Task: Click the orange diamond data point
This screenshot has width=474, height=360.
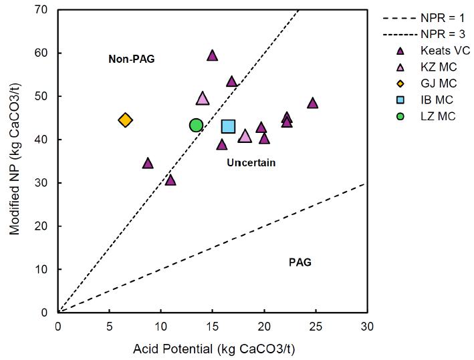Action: [x=125, y=120]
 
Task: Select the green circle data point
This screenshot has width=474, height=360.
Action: [x=196, y=125]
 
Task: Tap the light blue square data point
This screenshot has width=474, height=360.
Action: [x=229, y=126]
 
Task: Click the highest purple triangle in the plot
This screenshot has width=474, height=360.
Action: [x=213, y=55]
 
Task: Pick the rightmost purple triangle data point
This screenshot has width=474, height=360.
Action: [x=312, y=103]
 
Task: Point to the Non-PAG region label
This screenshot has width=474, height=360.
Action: [x=132, y=59]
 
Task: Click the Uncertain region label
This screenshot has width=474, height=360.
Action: [x=251, y=163]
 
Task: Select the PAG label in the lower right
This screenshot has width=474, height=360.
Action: [x=300, y=262]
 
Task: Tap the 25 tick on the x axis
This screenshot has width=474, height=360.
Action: [x=316, y=327]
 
